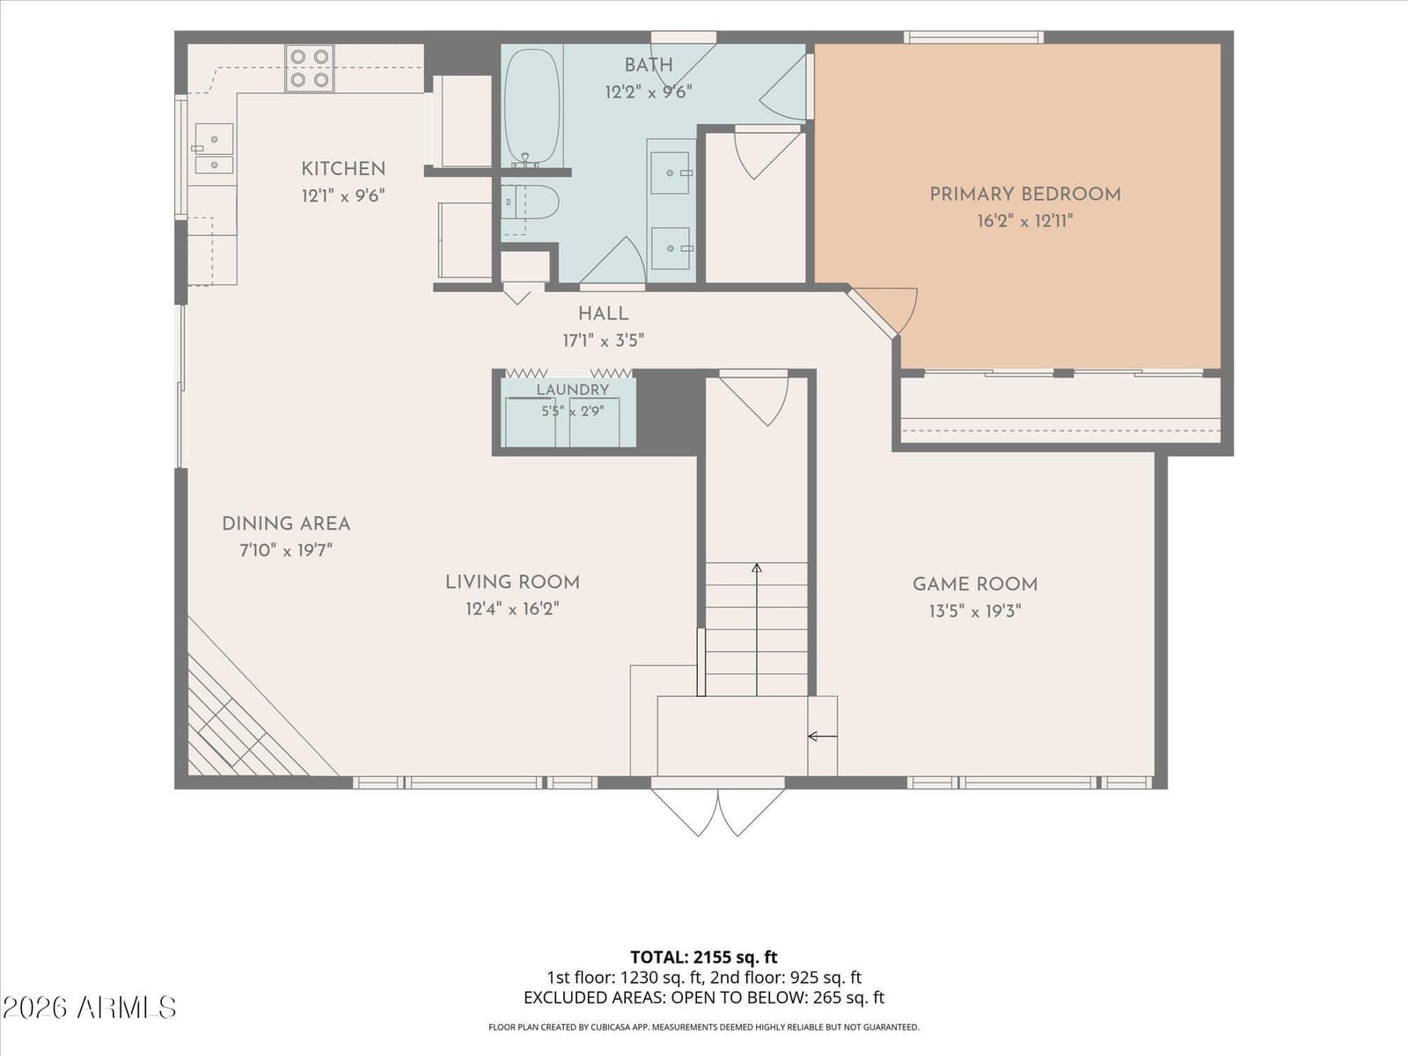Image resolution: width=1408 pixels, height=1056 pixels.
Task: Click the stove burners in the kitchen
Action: pyautogui.click(x=310, y=68)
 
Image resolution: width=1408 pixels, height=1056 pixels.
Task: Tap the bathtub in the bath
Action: pyautogui.click(x=532, y=106)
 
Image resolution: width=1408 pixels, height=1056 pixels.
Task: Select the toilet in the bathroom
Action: pyautogui.click(x=530, y=202)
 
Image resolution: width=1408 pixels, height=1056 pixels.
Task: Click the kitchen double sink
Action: pyautogui.click(x=214, y=149)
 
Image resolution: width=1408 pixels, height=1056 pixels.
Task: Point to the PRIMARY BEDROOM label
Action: pyautogui.click(x=1025, y=194)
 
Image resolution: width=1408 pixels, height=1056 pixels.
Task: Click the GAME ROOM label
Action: pyautogui.click(x=975, y=584)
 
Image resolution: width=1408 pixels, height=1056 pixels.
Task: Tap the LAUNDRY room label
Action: pyautogui.click(x=573, y=390)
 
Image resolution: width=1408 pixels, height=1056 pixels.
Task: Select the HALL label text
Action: pyautogui.click(x=603, y=313)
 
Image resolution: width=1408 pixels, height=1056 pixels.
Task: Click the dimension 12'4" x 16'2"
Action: pyautogui.click(x=512, y=608)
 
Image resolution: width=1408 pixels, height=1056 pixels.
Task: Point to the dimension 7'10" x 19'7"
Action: pyautogui.click(x=286, y=550)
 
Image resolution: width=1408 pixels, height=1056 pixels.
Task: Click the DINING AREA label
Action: pyautogui.click(x=286, y=524)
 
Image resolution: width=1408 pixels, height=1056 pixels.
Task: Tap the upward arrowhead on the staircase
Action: pyautogui.click(x=757, y=568)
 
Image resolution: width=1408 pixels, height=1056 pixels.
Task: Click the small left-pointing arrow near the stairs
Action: pyautogui.click(x=822, y=737)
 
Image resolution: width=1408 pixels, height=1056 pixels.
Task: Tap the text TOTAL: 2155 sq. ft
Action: pyautogui.click(x=704, y=957)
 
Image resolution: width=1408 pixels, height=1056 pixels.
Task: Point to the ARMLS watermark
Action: pyautogui.click(x=89, y=1008)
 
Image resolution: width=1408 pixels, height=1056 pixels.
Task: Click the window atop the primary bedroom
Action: pyautogui.click(x=974, y=37)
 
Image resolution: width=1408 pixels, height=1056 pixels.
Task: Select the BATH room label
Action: pyautogui.click(x=649, y=65)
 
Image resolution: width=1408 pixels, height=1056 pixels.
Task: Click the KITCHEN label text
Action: pyautogui.click(x=343, y=169)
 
